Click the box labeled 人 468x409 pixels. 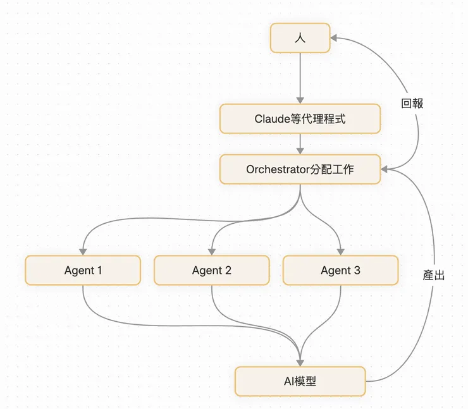coord(300,38)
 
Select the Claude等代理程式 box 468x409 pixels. coord(300,119)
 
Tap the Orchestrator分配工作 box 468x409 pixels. coord(300,169)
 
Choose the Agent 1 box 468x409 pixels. coord(83,270)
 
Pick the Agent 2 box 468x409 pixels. coord(212,270)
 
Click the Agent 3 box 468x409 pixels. coord(340,270)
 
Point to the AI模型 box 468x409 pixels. coord(300,381)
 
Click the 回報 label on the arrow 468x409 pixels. coord(412,104)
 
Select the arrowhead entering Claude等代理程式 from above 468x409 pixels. coord(300,100)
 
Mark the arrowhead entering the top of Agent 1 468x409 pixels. coord(83,251)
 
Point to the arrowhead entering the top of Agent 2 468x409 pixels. coord(212,251)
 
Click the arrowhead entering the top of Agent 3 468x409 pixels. coord(340,251)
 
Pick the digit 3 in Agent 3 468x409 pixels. coord(357,270)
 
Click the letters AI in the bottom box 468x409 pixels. coord(289,381)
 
